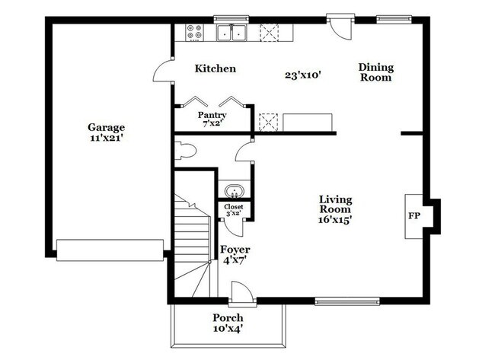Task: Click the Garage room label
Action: [106, 127]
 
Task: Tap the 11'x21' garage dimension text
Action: [106, 139]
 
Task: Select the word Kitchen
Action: [215, 68]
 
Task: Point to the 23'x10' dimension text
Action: [302, 75]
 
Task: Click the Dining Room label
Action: [375, 72]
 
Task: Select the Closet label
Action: [233, 206]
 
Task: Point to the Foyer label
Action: [235, 250]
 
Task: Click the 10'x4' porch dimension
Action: [228, 329]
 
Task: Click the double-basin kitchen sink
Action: [230, 33]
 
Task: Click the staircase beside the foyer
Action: [193, 244]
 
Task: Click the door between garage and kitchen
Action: [162, 72]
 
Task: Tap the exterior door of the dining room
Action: [339, 26]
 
